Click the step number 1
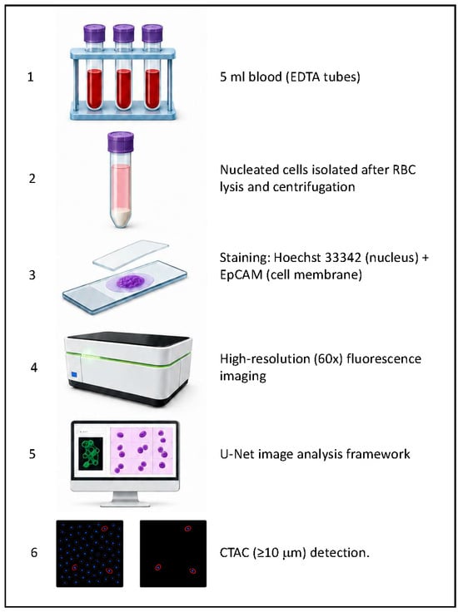[31, 76]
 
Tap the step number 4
[34, 368]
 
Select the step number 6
[34, 552]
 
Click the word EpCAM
[238, 274]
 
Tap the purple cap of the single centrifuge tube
[121, 141]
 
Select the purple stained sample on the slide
[129, 282]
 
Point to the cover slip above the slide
[131, 254]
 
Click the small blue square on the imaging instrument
[75, 375]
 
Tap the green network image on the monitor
[91, 453]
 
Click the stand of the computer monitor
[125, 499]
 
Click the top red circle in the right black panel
[188, 529]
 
